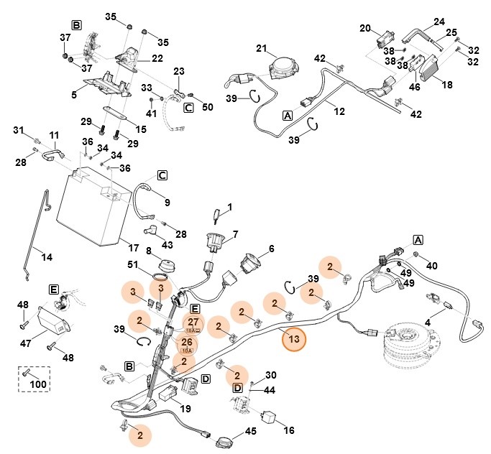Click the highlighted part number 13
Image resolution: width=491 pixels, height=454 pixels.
[x=293, y=339]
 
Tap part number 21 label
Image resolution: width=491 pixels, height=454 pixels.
[x=261, y=49]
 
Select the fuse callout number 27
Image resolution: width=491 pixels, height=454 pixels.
[x=193, y=323]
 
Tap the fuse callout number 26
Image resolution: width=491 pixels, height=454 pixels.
[x=186, y=341]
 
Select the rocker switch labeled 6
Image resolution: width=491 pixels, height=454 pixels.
[x=252, y=264]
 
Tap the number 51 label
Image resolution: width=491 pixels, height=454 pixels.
[x=133, y=265]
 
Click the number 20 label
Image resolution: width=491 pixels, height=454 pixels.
[x=364, y=28]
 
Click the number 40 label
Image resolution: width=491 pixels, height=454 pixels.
[x=431, y=266]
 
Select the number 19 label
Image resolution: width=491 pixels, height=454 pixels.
[x=185, y=409]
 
